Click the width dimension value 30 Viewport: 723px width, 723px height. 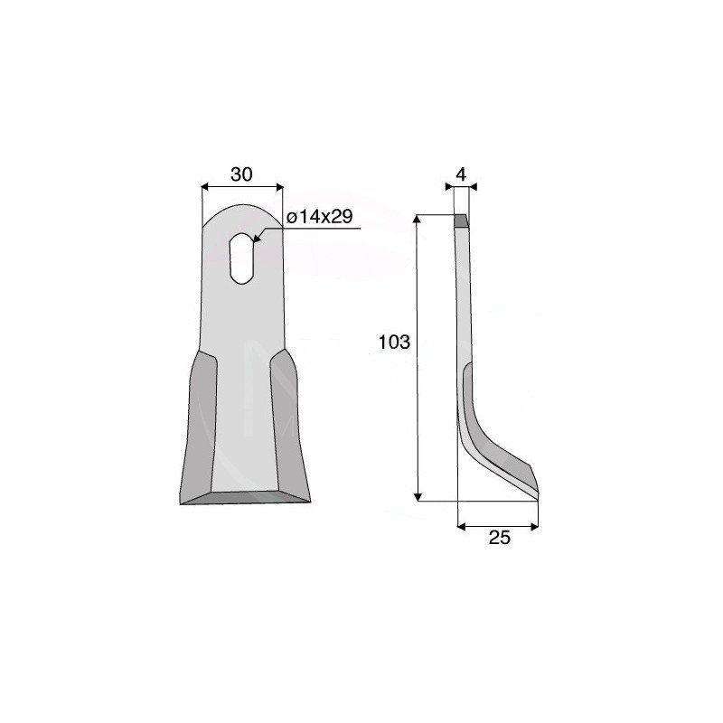point(241,174)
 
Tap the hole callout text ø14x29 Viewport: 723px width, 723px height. point(320,216)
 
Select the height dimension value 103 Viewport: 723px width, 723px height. point(394,343)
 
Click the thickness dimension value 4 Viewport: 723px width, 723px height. point(461,174)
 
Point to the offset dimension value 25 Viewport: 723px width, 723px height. point(500,538)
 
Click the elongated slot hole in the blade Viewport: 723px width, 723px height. point(241,258)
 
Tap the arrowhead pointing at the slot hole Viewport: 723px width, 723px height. point(256,238)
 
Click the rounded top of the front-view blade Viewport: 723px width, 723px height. point(242,212)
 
